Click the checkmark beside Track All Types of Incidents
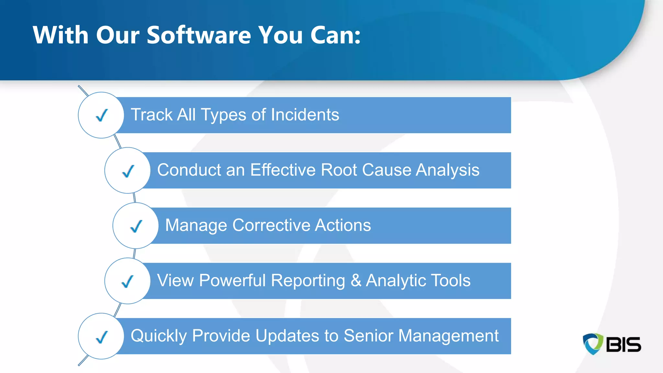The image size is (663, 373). click(x=102, y=115)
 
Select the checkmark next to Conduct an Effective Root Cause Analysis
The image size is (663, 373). click(x=128, y=171)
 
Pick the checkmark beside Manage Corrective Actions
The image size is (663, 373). click(x=136, y=226)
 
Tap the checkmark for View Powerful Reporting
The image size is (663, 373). click(x=128, y=281)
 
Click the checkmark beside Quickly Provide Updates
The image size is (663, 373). click(x=102, y=337)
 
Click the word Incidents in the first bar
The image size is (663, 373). click(x=305, y=115)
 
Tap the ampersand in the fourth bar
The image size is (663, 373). click(x=356, y=280)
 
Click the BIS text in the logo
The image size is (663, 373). click(x=623, y=345)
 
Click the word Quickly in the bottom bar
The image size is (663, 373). click(x=159, y=336)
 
